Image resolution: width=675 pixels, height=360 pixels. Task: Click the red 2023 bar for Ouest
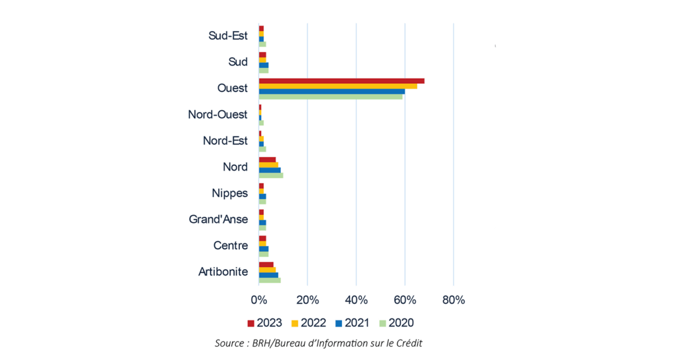click(341, 81)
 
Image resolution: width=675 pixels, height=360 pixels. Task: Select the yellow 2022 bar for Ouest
click(337, 86)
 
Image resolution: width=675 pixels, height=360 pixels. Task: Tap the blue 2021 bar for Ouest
click(332, 92)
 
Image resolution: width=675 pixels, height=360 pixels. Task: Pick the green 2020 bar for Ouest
click(330, 97)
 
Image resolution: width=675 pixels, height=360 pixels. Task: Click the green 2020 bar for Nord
click(271, 175)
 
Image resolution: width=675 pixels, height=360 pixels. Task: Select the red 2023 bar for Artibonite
click(266, 264)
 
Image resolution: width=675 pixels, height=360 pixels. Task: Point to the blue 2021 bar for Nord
click(270, 170)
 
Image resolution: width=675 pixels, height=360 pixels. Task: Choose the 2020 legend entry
click(396, 322)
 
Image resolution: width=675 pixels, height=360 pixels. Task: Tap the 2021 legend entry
click(353, 322)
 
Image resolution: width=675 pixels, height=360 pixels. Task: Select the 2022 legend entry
click(308, 322)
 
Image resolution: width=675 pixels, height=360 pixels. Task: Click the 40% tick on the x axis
click(356, 300)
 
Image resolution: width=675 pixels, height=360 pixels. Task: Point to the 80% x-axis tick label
click(454, 300)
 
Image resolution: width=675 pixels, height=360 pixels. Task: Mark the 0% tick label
click(259, 300)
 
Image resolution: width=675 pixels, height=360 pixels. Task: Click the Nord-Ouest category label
click(218, 115)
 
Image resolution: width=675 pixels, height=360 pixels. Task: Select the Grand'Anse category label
click(218, 220)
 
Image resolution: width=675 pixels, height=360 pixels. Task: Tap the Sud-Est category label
click(228, 36)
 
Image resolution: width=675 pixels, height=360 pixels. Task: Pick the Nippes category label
click(229, 193)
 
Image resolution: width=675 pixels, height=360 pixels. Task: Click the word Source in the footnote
click(229, 343)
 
